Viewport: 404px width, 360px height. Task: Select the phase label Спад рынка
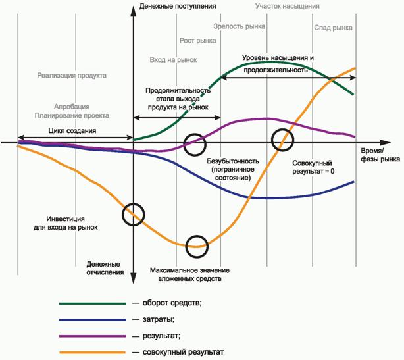(333, 28)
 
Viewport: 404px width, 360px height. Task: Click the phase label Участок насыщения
(288, 6)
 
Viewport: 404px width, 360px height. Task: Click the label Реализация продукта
(72, 75)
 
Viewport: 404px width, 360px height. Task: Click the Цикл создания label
(72, 130)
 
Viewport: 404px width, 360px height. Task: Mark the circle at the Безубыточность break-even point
(195, 144)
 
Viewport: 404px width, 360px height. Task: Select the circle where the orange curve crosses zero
(283, 139)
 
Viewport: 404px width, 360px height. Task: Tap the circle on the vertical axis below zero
(134, 215)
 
